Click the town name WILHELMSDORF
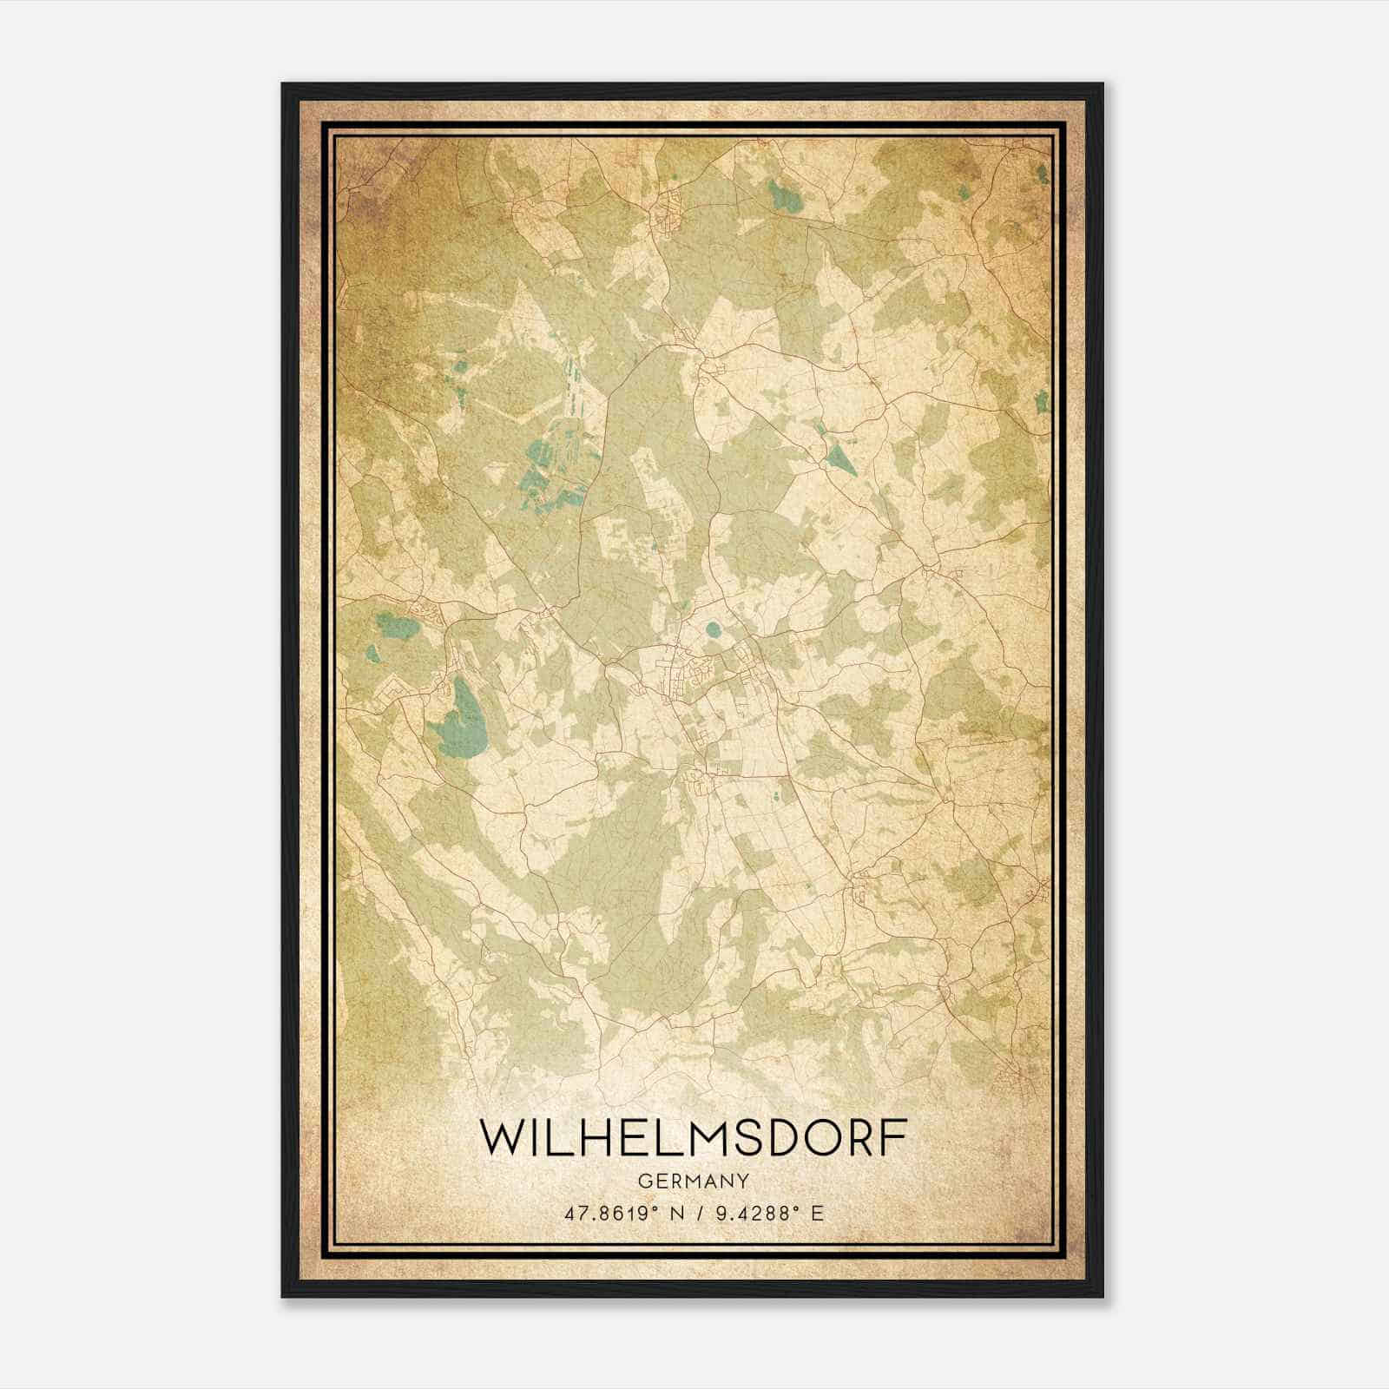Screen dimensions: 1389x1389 [x=693, y=1137]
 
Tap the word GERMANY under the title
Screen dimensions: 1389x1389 [x=693, y=1181]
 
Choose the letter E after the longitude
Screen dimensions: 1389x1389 [x=816, y=1214]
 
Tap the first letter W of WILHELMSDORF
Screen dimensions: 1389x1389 [x=502, y=1137]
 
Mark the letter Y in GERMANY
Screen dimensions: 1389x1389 [x=742, y=1181]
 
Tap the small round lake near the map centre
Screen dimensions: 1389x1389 [x=713, y=629]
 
